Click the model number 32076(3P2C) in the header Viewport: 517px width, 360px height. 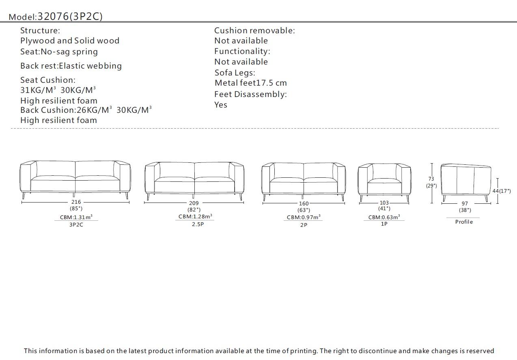(x=70, y=16)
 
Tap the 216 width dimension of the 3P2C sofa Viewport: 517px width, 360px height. (x=76, y=202)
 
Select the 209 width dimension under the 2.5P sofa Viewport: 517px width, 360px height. (x=194, y=203)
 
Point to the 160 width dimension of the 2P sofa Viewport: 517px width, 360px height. (x=304, y=203)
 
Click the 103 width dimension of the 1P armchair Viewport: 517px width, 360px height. (x=384, y=203)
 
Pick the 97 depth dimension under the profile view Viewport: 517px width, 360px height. (x=465, y=204)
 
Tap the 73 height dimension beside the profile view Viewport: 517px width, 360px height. (x=431, y=179)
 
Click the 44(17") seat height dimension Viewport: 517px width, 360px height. (x=502, y=191)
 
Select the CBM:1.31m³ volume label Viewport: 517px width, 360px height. (x=76, y=217)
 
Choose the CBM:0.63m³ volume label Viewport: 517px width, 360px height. (x=384, y=217)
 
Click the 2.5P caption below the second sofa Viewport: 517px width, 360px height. (x=198, y=224)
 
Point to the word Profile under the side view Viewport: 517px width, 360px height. (x=464, y=222)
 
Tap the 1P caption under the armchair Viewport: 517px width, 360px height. (x=384, y=224)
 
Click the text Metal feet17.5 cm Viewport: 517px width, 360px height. (x=250, y=83)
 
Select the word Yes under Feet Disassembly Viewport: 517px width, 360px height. (x=221, y=105)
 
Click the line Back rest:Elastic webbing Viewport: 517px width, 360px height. (x=71, y=66)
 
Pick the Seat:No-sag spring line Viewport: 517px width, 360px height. (x=59, y=52)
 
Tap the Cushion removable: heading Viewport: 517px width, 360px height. (x=254, y=30)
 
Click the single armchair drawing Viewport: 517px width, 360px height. (x=384, y=181)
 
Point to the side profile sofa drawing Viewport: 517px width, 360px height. (x=465, y=181)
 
